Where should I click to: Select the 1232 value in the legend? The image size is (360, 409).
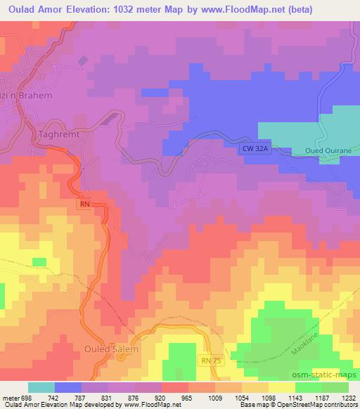tap(348, 397)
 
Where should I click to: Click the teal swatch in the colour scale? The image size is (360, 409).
tap(41, 387)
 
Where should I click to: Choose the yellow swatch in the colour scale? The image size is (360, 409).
tap(282, 387)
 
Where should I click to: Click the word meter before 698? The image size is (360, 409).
tap(8, 397)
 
